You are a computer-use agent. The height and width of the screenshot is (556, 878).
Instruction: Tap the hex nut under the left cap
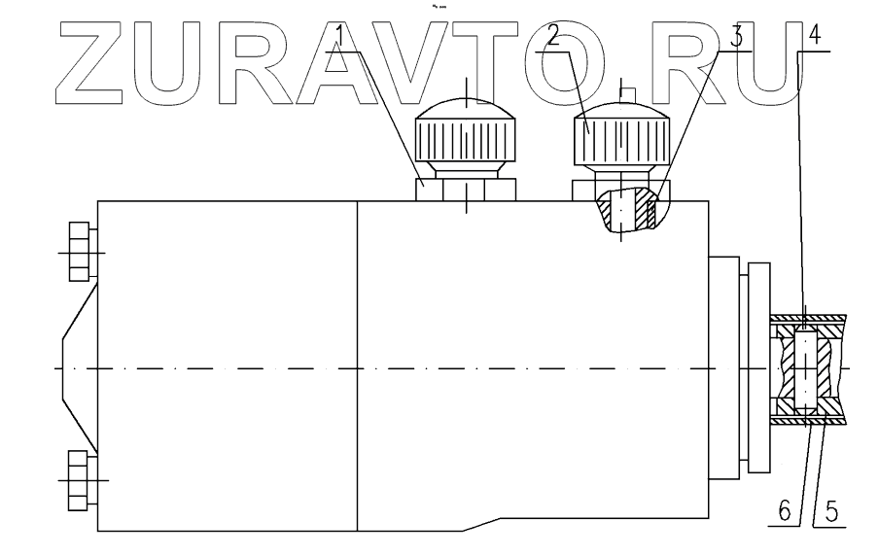coord(466,189)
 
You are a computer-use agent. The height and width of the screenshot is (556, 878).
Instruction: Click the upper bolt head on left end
coord(80,251)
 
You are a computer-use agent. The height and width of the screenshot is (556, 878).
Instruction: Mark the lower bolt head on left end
coord(82,480)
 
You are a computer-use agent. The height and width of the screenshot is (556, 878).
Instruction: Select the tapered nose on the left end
coord(77,369)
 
